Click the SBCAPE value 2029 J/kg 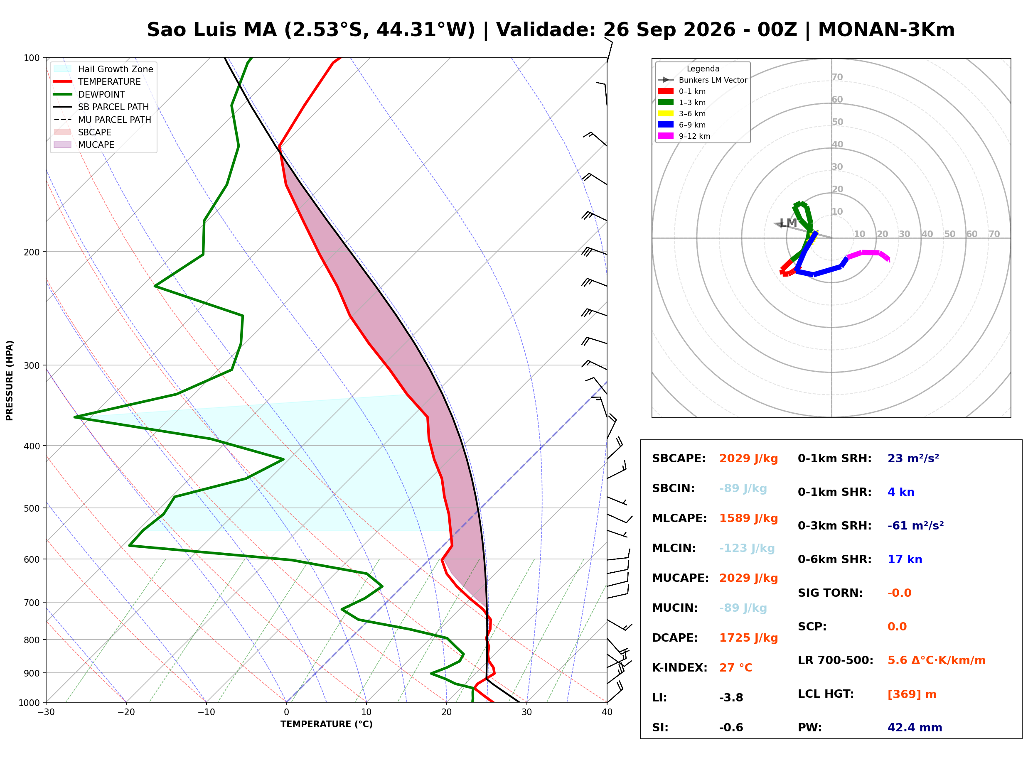pyautogui.click(x=748, y=458)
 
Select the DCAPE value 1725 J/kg pyautogui.click(x=748, y=638)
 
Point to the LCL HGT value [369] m pyautogui.click(x=912, y=694)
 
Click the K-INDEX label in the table pyautogui.click(x=679, y=668)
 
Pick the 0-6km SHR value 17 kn pyautogui.click(x=905, y=559)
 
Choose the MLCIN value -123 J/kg pyautogui.click(x=747, y=548)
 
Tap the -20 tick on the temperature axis pyautogui.click(x=126, y=712)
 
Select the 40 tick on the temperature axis pyautogui.click(x=607, y=712)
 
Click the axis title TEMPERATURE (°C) pyautogui.click(x=326, y=725)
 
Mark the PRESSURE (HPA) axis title pyautogui.click(x=10, y=380)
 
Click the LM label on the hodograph pyautogui.click(x=788, y=223)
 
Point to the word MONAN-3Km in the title pyautogui.click(x=886, y=30)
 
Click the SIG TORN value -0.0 pyautogui.click(x=899, y=593)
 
